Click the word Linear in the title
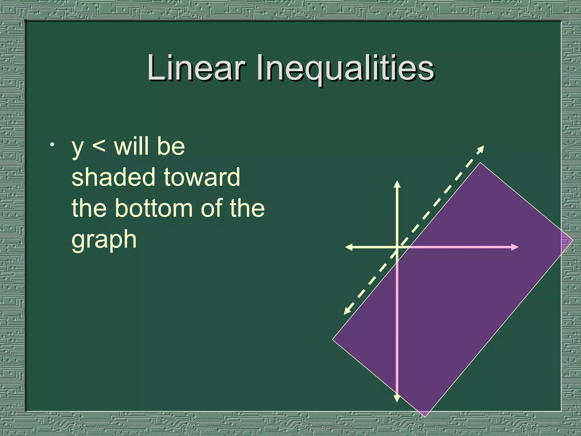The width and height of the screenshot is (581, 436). (196, 68)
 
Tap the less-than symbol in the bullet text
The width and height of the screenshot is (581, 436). (99, 147)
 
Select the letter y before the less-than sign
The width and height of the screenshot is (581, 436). (77, 148)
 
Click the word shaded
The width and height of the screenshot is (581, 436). (114, 177)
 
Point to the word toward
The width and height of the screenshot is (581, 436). (202, 177)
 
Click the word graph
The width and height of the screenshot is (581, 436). (104, 240)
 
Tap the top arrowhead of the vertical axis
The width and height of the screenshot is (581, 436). (397, 184)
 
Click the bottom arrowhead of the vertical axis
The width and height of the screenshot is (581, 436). (397, 399)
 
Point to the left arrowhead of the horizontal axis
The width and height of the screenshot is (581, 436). (348, 247)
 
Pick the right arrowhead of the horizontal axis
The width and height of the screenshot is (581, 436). (515, 247)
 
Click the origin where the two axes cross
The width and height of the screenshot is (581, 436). (397, 247)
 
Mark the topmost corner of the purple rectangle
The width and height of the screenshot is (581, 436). (480, 163)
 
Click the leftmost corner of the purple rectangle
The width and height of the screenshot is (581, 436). (333, 339)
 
